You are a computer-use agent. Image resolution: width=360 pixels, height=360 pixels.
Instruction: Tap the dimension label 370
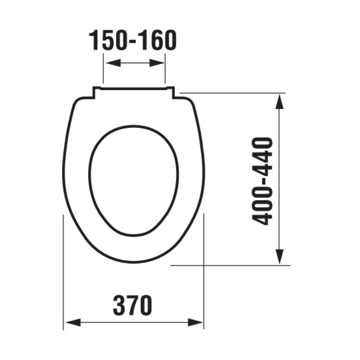pyautogui.click(x=133, y=306)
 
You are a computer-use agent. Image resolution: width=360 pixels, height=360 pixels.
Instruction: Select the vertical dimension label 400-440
pyautogui.click(x=262, y=181)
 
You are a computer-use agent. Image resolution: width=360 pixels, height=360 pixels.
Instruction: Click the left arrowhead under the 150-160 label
pyautogui.click(x=113, y=63)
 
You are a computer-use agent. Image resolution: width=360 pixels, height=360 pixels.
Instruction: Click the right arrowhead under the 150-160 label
pyautogui.click(x=157, y=63)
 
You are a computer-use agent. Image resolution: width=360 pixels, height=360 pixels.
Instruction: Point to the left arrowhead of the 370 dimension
pyautogui.click(x=73, y=322)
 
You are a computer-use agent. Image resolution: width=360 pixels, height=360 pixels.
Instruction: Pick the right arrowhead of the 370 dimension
pyautogui.click(x=195, y=322)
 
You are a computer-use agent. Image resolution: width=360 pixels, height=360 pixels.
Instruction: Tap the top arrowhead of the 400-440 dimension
pyautogui.click(x=279, y=101)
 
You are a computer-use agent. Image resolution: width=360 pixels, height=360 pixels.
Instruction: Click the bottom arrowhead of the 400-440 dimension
pyautogui.click(x=279, y=257)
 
